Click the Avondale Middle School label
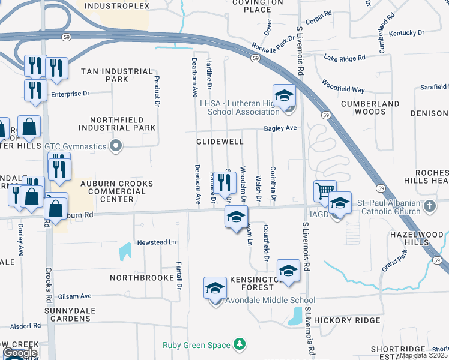click(270, 301)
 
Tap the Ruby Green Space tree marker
click(240, 344)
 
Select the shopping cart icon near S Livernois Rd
click(324, 191)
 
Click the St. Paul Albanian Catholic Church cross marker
click(429, 206)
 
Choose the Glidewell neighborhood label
click(220, 142)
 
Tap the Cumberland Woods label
click(370, 107)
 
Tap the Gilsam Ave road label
click(75, 296)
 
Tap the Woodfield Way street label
click(343, 86)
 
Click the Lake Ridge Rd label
click(344, 58)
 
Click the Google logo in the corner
click(20, 353)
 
